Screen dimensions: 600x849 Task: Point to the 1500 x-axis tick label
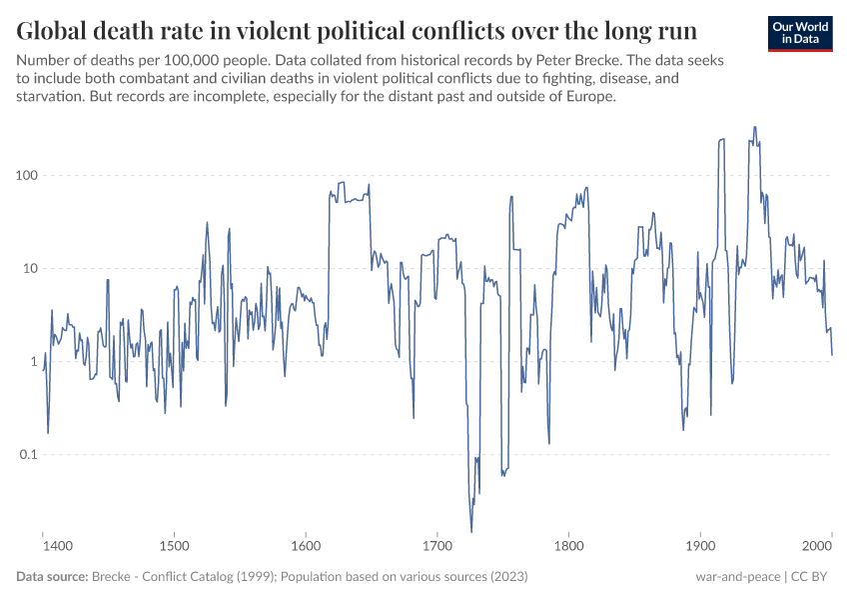[174, 547]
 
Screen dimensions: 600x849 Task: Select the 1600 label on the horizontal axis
[306, 547]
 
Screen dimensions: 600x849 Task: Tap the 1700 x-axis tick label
[437, 547]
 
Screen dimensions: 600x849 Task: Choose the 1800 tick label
[568, 547]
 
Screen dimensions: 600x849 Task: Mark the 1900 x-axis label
[700, 547]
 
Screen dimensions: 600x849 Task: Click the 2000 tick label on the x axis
[818, 547]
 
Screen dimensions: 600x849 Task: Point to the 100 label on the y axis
[26, 176]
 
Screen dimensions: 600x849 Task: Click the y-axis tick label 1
[34, 362]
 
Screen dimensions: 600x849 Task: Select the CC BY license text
[812, 577]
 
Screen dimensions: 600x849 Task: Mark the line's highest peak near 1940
[754, 127]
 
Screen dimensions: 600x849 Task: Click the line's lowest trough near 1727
[471, 531]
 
